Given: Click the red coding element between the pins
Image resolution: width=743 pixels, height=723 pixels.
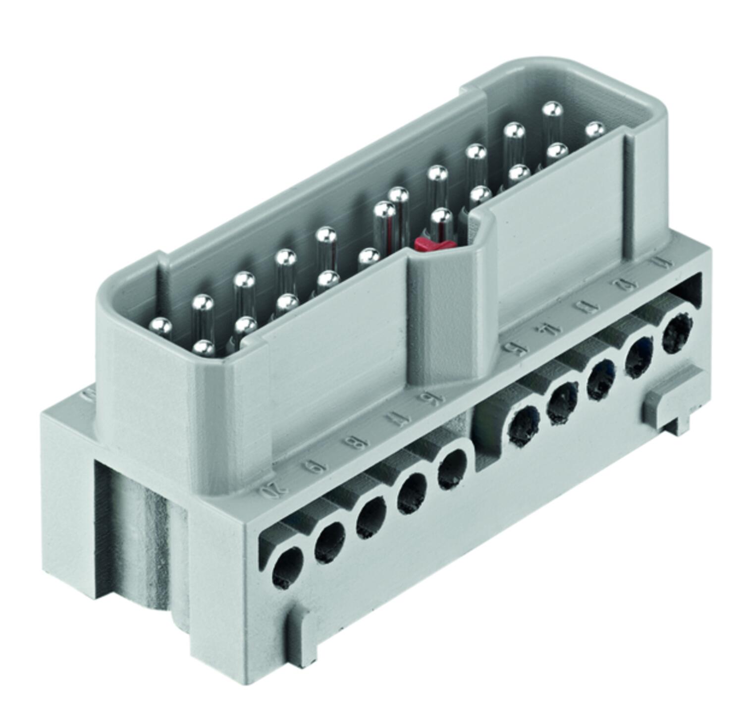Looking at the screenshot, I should click(429, 243).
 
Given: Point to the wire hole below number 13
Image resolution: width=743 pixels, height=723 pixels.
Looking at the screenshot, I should click(602, 379).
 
